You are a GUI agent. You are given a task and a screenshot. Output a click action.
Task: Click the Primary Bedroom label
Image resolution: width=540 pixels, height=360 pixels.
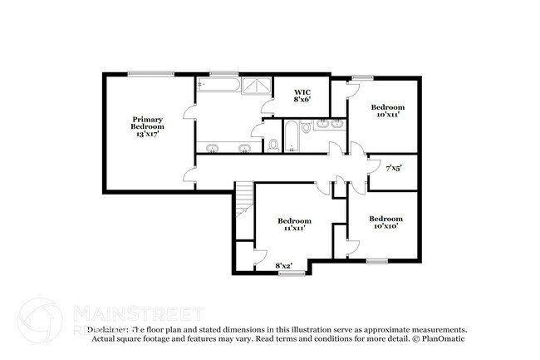point(147,122)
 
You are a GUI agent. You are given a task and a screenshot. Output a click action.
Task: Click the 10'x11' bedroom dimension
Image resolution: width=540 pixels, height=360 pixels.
point(387,115)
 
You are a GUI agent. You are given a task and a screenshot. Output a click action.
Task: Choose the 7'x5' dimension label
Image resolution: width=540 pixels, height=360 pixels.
point(394,169)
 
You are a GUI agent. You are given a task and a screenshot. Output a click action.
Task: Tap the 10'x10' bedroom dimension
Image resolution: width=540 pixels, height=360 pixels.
point(387,225)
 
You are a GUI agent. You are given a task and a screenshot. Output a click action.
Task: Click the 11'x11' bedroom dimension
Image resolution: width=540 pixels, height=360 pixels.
point(294,227)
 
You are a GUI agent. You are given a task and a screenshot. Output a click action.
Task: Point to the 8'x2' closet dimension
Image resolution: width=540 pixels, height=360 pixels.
point(284,266)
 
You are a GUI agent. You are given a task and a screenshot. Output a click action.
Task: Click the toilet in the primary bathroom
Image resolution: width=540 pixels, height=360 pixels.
point(273,145)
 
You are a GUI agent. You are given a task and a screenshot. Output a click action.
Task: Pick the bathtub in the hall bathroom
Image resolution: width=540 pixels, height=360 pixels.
point(291,137)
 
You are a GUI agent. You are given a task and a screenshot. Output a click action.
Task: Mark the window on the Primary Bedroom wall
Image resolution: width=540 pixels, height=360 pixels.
point(151,75)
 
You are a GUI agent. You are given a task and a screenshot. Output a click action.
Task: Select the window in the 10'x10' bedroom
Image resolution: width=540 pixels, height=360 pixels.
point(377,261)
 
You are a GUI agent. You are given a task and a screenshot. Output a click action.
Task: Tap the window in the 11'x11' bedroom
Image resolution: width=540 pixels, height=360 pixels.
point(288,274)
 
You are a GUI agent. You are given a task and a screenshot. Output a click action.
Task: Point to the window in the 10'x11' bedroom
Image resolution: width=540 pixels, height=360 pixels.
point(362,77)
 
